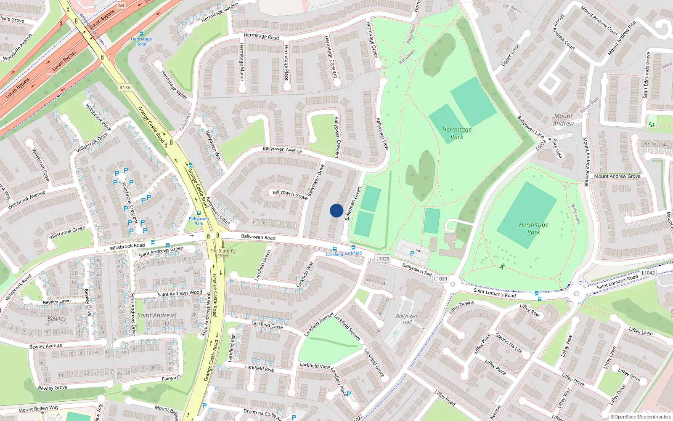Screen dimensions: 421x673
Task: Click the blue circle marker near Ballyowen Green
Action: pyautogui.click(x=336, y=210)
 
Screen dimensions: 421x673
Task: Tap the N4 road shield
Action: pyautogui.click(x=121, y=5)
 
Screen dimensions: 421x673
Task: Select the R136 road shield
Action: pyautogui.click(x=125, y=88)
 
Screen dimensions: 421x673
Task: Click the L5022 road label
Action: pyautogui.click(x=541, y=145)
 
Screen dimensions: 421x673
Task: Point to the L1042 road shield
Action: pyautogui.click(x=648, y=273)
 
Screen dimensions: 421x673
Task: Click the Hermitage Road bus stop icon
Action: pyautogui.click(x=141, y=34)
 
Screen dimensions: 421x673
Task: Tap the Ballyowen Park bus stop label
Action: pyautogui.click(x=199, y=221)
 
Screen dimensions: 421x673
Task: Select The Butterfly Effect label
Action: pyautogui.click(x=223, y=253)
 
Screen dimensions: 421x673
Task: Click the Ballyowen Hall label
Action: pyautogui.click(x=407, y=319)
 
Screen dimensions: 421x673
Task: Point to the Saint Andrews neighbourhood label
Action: pyautogui.click(x=157, y=315)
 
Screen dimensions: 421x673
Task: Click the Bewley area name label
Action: pyautogui.click(x=57, y=319)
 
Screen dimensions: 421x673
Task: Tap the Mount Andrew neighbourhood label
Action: pyautogui.click(x=563, y=120)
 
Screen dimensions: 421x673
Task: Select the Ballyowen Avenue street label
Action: pyautogui.click(x=282, y=149)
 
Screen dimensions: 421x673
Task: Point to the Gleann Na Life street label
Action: pyautogui.click(x=509, y=343)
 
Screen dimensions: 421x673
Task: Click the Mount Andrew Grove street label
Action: pyautogui.click(x=617, y=176)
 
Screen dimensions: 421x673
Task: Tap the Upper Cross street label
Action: pyautogui.click(x=510, y=55)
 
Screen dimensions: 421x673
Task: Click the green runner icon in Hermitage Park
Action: pyautogui.click(x=502, y=266)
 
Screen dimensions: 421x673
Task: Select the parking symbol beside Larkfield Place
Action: pyautogui.click(x=349, y=394)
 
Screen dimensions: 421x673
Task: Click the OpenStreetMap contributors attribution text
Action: pyautogui.click(x=641, y=417)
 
